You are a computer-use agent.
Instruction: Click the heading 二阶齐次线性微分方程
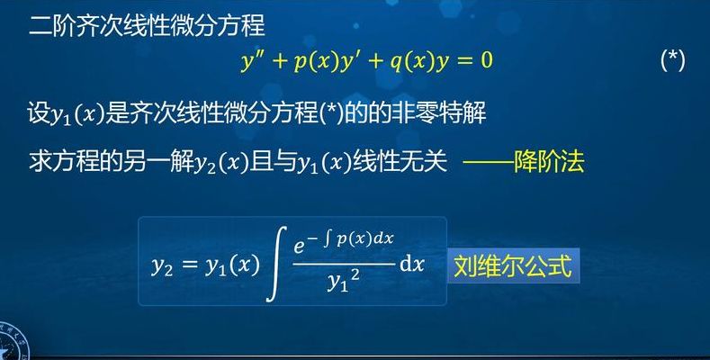click(147, 25)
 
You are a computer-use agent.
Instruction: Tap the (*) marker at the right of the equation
click(672, 60)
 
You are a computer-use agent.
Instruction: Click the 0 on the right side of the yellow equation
click(486, 59)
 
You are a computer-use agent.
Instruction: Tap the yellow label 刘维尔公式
click(513, 265)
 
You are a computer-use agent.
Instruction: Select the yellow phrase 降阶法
click(549, 162)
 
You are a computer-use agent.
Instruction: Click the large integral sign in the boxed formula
click(276, 264)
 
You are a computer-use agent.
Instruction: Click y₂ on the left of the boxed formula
click(162, 267)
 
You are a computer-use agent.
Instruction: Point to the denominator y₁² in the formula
click(344, 282)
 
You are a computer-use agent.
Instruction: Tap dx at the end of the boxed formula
click(412, 264)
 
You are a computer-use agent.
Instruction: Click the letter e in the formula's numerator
click(299, 246)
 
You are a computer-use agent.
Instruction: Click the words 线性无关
click(400, 162)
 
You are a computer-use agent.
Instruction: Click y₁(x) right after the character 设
click(77, 114)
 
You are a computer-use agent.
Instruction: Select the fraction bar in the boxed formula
click(344, 264)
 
